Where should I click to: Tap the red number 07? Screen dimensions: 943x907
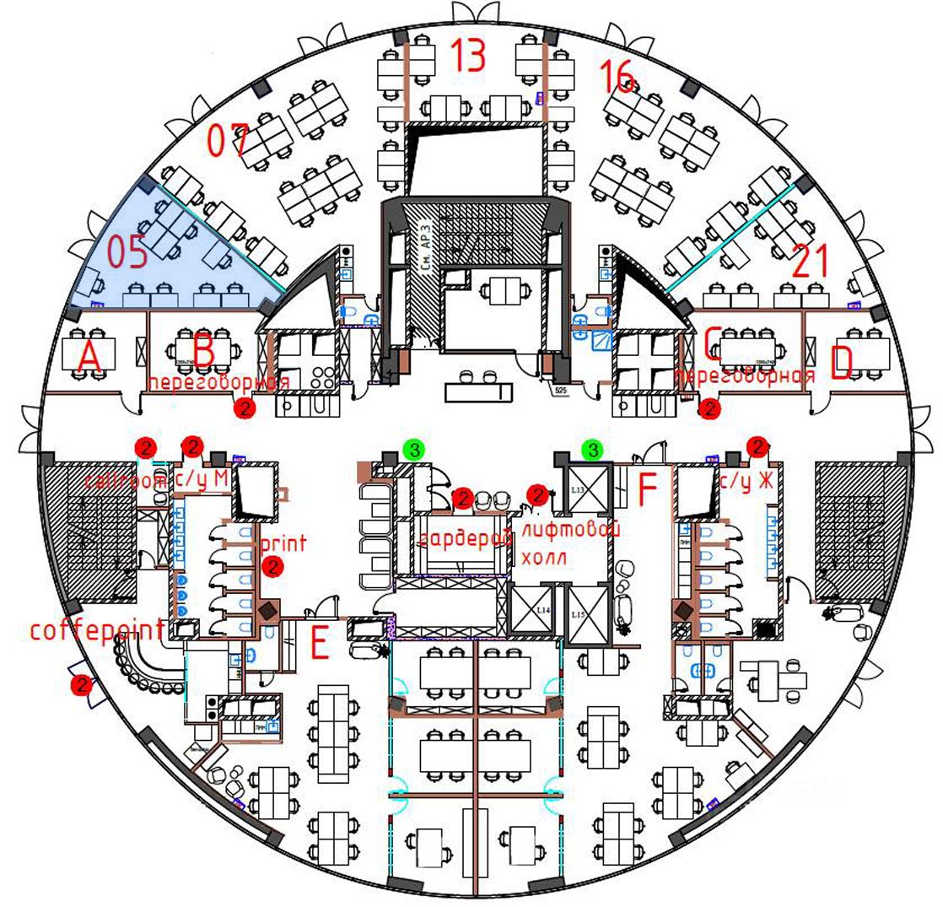[x=229, y=140]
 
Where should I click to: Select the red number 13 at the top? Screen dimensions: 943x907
[x=467, y=55]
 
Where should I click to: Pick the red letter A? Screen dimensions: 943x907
[x=89, y=359]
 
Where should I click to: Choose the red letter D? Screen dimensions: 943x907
[x=841, y=363]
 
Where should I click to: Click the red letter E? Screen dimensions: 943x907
[x=319, y=645]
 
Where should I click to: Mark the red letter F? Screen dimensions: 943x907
[x=648, y=490]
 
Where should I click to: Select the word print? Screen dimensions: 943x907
[x=284, y=543]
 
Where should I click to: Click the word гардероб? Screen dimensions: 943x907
[x=466, y=538]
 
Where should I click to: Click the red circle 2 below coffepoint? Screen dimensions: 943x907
[x=82, y=685]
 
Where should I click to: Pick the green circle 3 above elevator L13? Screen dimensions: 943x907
[x=594, y=450]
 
